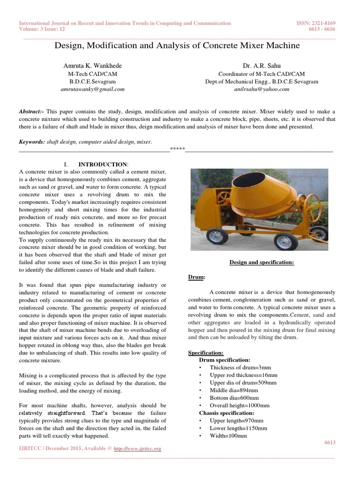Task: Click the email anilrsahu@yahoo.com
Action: pos(261,89)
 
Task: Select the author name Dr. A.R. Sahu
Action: pos(261,66)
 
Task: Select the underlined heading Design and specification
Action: pos(261,262)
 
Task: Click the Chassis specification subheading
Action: pos(226,413)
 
